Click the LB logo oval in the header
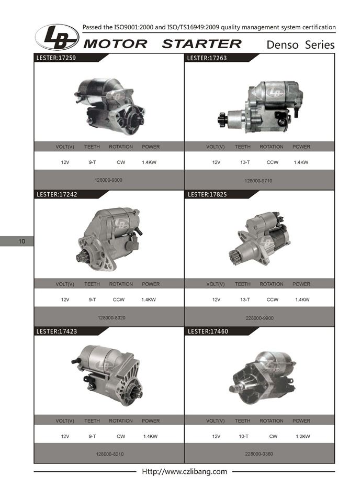[x=57, y=37]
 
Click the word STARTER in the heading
[x=201, y=44]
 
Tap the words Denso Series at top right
[x=300, y=45]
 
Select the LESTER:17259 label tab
[x=56, y=58]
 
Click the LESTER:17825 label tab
[x=207, y=194]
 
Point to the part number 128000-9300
[x=108, y=180]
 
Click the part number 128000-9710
[x=258, y=181]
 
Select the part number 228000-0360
[x=259, y=454]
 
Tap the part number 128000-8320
[x=111, y=318]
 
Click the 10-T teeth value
[x=244, y=436]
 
